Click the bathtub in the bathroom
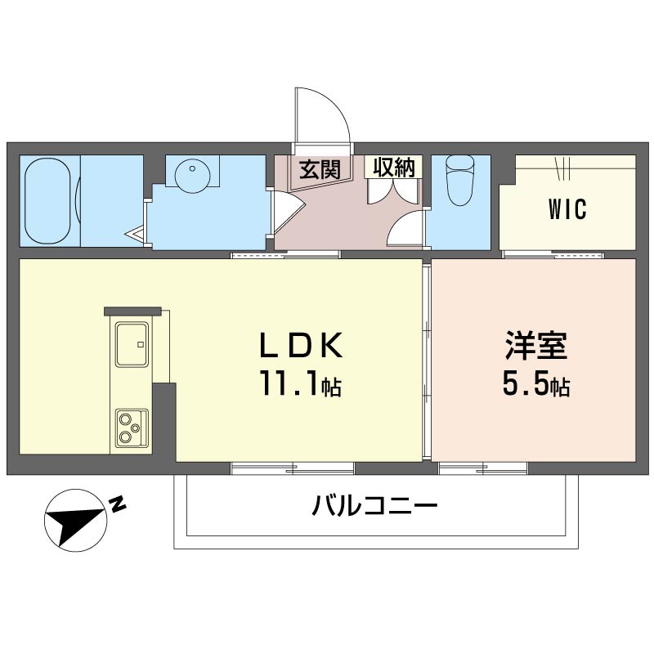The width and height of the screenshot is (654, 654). tap(47, 200)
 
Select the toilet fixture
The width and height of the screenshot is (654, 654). tap(459, 181)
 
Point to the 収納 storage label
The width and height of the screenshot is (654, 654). tap(394, 168)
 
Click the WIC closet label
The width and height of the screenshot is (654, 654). tap(567, 210)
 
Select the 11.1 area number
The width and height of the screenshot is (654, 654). tap(289, 384)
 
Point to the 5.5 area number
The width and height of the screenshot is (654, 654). tap(523, 384)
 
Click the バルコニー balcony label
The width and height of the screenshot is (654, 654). tap(374, 507)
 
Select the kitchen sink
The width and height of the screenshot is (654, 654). tap(131, 343)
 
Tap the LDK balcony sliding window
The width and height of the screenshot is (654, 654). tap(293, 468)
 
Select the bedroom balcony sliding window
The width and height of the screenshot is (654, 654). tap(483, 468)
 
